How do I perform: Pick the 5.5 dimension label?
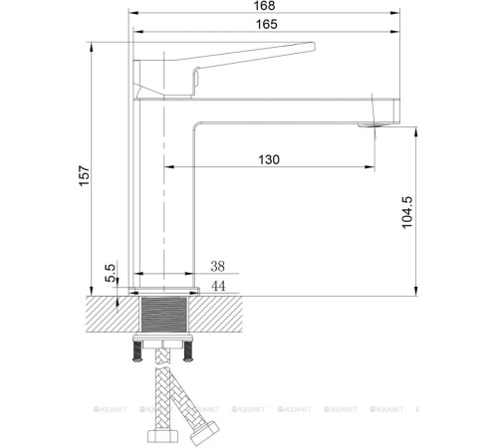[111, 270]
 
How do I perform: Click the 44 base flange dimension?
[219, 287]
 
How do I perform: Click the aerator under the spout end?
[374, 125]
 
